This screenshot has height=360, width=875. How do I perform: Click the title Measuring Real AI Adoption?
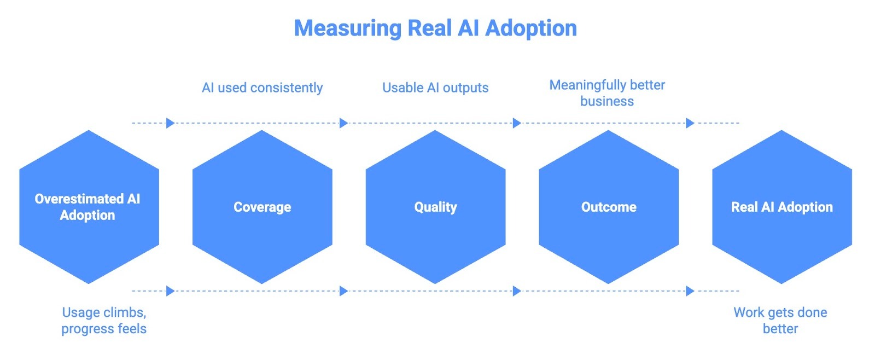click(x=435, y=28)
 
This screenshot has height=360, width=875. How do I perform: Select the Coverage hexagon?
click(x=262, y=207)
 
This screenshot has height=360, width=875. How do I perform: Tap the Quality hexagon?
click(x=435, y=207)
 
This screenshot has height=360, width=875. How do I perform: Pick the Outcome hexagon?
click(x=609, y=207)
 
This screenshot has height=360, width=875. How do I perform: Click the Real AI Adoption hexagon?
click(x=781, y=207)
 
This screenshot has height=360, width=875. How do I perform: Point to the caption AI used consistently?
click(x=262, y=88)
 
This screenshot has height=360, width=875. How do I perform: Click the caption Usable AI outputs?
click(x=435, y=88)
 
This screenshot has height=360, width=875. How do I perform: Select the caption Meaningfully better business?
click(x=607, y=93)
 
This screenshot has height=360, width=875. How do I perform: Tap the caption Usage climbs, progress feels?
click(x=104, y=320)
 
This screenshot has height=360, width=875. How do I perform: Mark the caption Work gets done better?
click(x=780, y=320)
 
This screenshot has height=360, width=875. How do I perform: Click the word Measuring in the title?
click(x=348, y=28)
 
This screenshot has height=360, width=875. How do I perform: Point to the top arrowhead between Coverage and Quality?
click(x=343, y=123)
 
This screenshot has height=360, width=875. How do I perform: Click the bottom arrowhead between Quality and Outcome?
click(x=517, y=291)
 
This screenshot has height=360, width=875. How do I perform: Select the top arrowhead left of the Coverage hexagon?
click(x=170, y=123)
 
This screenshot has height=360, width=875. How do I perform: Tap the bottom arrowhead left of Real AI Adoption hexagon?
click(x=690, y=291)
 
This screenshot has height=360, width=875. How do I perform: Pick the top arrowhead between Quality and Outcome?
click(x=517, y=123)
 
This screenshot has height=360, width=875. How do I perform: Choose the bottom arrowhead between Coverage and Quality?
click(x=343, y=291)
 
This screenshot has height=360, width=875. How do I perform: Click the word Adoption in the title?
click(x=531, y=28)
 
